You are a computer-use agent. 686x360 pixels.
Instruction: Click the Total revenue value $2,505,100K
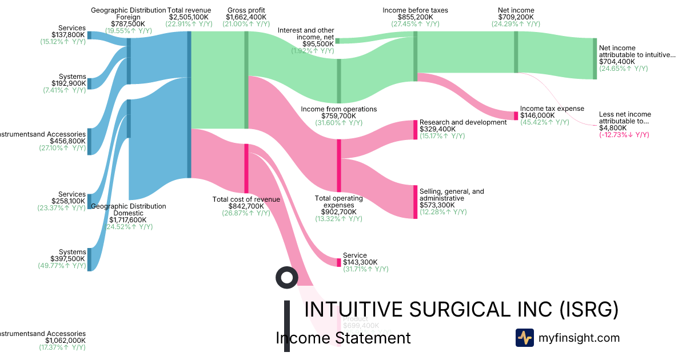(x=189, y=17)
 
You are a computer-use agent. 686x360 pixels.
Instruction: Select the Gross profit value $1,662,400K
(x=246, y=17)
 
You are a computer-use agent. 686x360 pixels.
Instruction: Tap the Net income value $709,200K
(x=516, y=17)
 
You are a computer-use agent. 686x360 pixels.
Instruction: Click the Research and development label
(x=463, y=122)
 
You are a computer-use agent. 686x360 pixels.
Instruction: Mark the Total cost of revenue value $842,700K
(x=246, y=206)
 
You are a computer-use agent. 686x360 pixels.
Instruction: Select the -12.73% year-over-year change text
(x=624, y=135)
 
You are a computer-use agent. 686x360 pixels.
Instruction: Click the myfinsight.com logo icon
(x=524, y=338)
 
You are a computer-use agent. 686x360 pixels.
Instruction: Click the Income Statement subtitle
(x=343, y=338)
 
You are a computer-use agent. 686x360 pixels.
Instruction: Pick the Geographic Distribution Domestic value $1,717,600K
(x=129, y=220)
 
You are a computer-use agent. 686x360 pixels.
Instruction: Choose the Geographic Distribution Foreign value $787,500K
(x=129, y=24)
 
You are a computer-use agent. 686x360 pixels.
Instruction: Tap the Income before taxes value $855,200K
(x=416, y=17)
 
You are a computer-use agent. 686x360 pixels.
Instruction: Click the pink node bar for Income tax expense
(x=516, y=115)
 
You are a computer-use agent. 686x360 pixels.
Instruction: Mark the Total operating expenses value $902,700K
(x=339, y=212)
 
